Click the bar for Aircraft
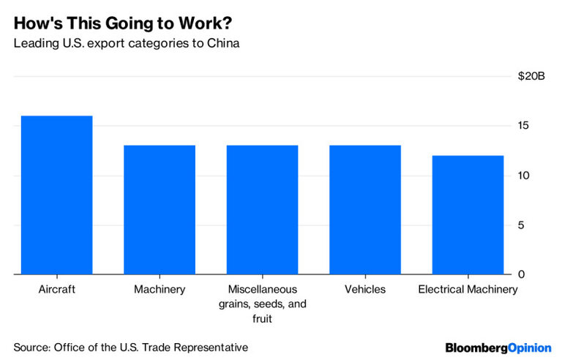pyautogui.click(x=57, y=195)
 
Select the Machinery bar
pyautogui.click(x=160, y=209)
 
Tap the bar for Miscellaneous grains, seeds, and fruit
pyautogui.click(x=262, y=209)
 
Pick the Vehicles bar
pyautogui.click(x=364, y=209)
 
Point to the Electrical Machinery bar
pyautogui.click(x=468, y=214)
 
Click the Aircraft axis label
pyautogui.click(x=57, y=290)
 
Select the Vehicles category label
pyautogui.click(x=364, y=290)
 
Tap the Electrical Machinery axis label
pyautogui.click(x=468, y=290)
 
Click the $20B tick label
pyautogui.click(x=531, y=76)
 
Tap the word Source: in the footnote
pyautogui.click(x=33, y=346)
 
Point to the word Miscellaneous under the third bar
pyautogui.click(x=262, y=290)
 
